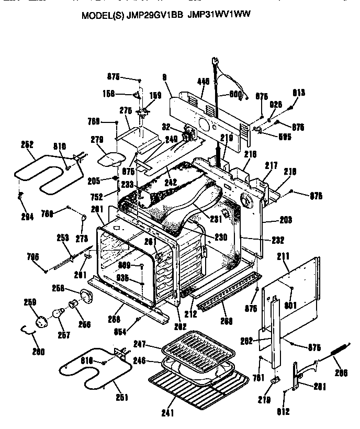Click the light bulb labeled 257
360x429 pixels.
[55, 314]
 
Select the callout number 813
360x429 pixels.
[299, 93]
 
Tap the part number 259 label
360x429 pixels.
[30, 302]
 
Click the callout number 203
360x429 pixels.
[286, 220]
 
